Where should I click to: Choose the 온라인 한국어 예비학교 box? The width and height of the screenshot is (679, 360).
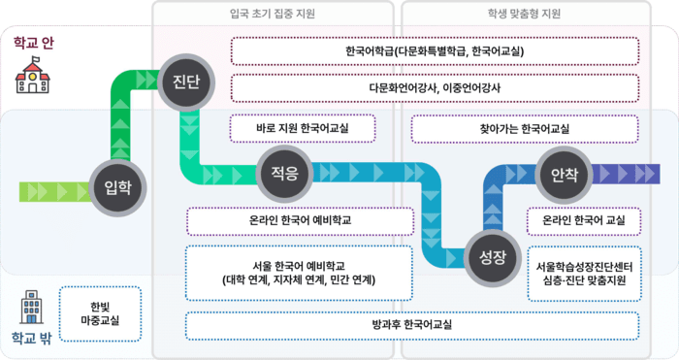pos(299,221)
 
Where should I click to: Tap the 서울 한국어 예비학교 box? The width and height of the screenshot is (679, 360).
pos(299,273)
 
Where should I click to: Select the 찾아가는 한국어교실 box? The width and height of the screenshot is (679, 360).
pos(525,128)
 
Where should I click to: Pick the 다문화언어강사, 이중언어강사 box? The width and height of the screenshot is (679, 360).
pos(434,88)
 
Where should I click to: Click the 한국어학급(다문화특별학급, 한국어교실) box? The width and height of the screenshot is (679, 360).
pos(434,50)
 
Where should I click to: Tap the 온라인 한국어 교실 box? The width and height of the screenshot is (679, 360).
pos(583,221)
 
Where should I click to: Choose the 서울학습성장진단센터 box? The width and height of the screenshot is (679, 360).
pos(583,273)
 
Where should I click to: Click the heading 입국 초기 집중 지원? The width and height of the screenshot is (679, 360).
pos(273,15)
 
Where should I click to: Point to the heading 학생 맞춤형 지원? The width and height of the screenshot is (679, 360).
pos(525,15)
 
